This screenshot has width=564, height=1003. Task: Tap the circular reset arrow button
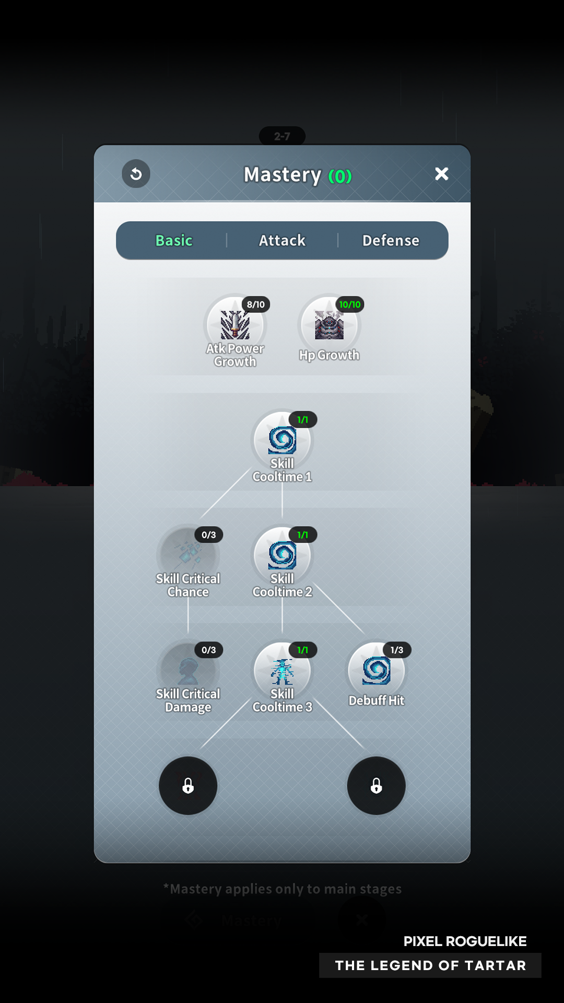point(136,173)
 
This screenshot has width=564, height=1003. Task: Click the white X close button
point(442,173)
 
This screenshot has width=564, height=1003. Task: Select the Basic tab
point(174,240)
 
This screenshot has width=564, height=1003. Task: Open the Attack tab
point(282,240)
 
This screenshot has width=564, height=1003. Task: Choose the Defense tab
point(391,240)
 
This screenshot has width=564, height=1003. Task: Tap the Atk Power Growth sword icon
point(235,325)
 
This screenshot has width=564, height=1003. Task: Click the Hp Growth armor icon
point(329,325)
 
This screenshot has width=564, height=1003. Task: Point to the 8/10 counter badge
point(256,305)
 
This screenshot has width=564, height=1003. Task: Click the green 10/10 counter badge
point(350,305)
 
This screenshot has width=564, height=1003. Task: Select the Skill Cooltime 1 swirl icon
point(282,440)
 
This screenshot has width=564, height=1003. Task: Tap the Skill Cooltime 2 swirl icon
point(282,555)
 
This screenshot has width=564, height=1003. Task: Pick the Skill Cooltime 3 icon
point(282,671)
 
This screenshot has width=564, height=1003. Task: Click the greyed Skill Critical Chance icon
point(188,555)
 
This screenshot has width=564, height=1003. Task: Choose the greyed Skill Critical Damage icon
point(188,671)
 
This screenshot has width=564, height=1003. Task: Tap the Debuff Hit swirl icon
point(376,671)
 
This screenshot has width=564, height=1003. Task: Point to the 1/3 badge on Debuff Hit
point(397,650)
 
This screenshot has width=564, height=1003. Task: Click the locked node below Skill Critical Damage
point(188,786)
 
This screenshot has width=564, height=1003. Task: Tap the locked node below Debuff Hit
point(376,786)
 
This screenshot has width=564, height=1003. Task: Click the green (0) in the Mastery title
point(340,177)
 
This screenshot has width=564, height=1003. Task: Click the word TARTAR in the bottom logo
point(495,965)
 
